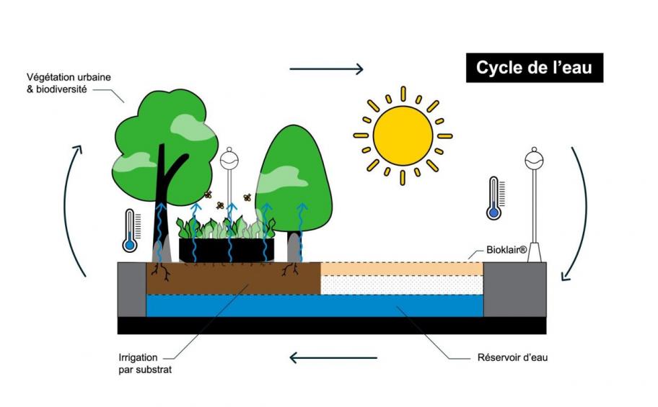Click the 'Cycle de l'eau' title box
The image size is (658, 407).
coord(534,68)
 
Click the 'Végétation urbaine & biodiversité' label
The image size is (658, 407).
coord(69,83)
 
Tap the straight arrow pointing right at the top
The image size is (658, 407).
coord(326,69)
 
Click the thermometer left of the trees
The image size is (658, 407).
coord(130,231)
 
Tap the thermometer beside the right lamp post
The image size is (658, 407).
coord(494,198)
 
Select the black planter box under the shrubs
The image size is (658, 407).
coord(227,250)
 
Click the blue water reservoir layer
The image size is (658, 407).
coord(314,305)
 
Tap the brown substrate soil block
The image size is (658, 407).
coord(231,278)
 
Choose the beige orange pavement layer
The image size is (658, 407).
coord(401,268)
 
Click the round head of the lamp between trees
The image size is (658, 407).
coord(229,156)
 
